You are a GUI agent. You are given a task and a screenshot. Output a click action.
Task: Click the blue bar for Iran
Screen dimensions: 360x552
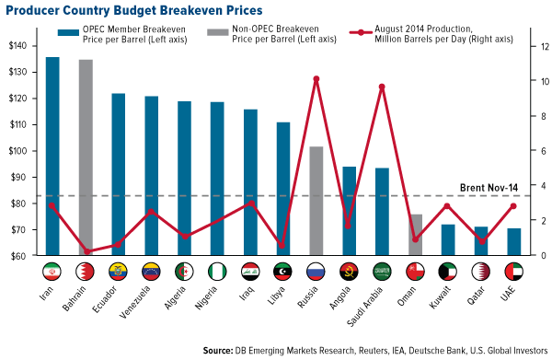(x=52, y=157)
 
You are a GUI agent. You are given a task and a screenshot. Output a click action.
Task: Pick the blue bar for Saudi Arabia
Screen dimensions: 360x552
(x=382, y=212)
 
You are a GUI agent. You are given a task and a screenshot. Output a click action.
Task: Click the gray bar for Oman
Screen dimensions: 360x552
(x=415, y=235)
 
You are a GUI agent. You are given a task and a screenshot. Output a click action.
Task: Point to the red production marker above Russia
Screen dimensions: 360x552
(x=316, y=79)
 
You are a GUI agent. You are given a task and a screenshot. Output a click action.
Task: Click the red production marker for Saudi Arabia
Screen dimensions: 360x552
(x=382, y=87)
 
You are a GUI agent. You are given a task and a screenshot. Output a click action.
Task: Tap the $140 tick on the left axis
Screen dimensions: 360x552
(x=22, y=46)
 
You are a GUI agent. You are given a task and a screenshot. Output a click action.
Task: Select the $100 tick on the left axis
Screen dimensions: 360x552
(x=22, y=151)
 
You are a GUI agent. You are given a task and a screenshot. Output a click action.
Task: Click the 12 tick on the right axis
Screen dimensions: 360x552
(x=532, y=46)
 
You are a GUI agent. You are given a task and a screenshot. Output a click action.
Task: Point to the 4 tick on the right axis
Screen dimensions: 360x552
(x=531, y=186)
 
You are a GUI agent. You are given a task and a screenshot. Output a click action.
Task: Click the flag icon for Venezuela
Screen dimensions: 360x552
(x=151, y=273)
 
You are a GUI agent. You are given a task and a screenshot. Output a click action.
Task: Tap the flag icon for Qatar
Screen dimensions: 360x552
(x=480, y=273)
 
